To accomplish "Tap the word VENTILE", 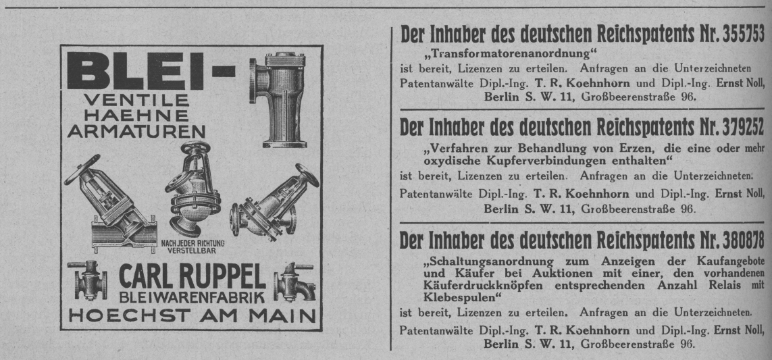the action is tap(136, 101).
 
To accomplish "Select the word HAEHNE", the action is tap(136, 116).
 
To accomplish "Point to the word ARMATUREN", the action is tap(136, 132).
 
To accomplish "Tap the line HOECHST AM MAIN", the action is tap(192, 315).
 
